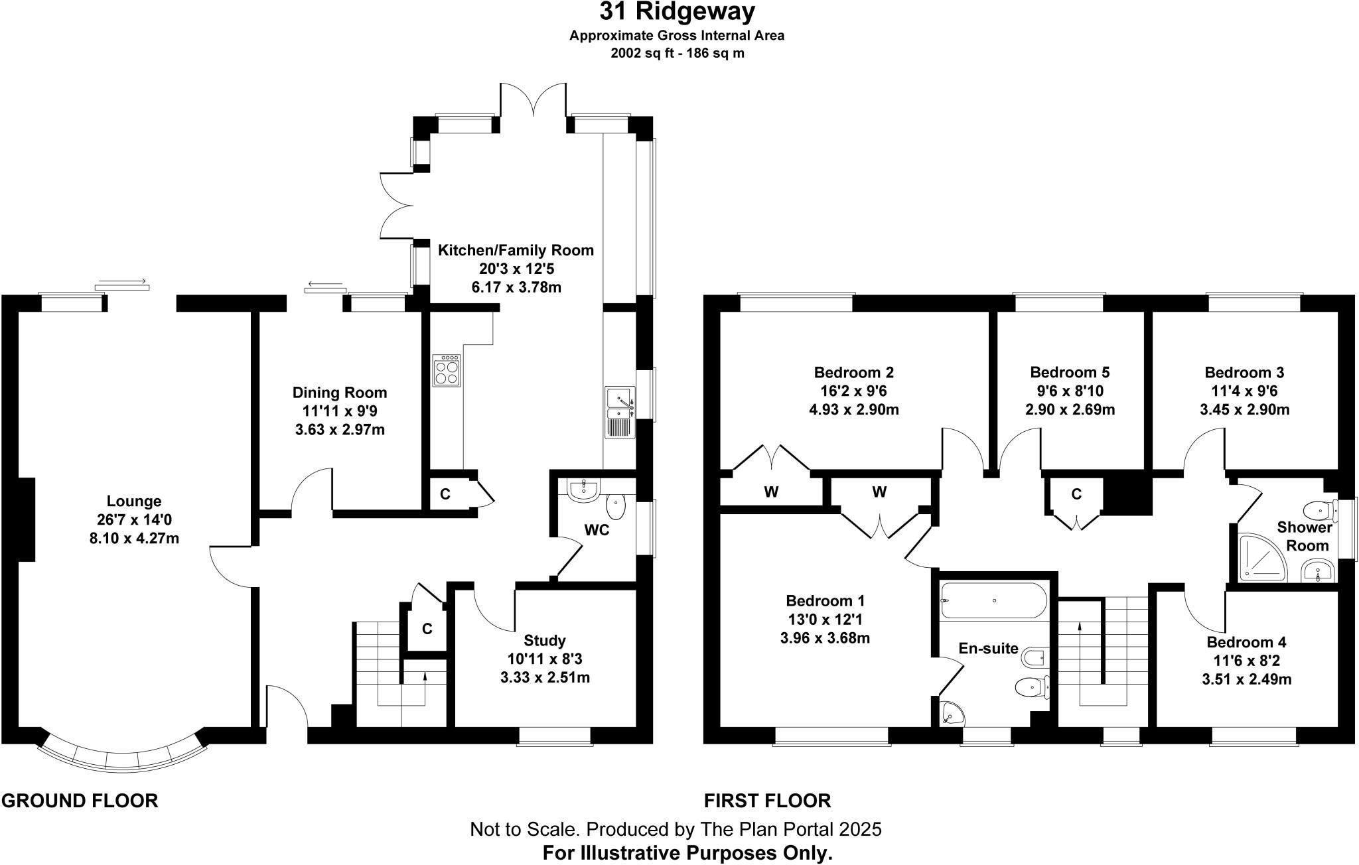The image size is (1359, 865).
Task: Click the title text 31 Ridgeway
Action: [677, 11]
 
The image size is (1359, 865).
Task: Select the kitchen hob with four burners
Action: [447, 371]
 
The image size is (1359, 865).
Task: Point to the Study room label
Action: [545, 641]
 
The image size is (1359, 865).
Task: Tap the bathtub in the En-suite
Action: [993, 600]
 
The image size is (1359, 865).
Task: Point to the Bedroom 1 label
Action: [825, 601]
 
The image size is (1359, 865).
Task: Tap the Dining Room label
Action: [340, 393]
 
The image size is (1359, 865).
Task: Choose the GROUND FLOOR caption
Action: [80, 801]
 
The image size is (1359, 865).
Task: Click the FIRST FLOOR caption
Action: [768, 801]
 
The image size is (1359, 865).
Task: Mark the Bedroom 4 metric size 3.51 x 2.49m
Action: [1247, 679]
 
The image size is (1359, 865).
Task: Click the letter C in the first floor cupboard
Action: [1076, 494]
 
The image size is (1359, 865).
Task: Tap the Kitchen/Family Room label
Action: [516, 250]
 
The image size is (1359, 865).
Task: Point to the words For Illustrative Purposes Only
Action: [687, 853]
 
